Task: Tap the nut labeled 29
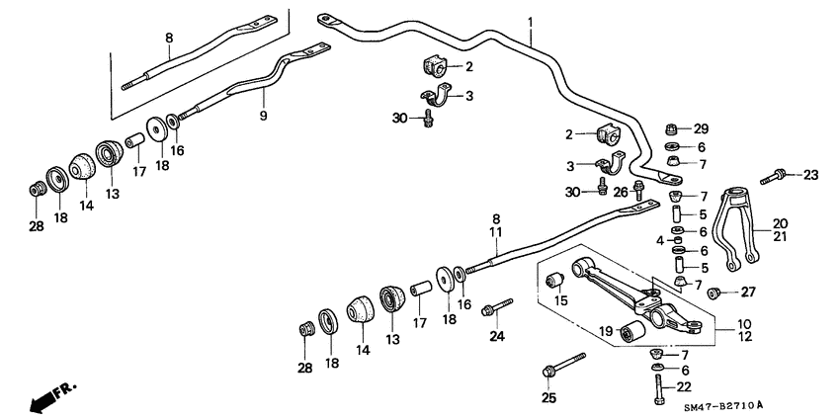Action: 671,128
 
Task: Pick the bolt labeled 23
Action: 779,176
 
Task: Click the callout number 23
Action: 811,176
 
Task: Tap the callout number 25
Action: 548,398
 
